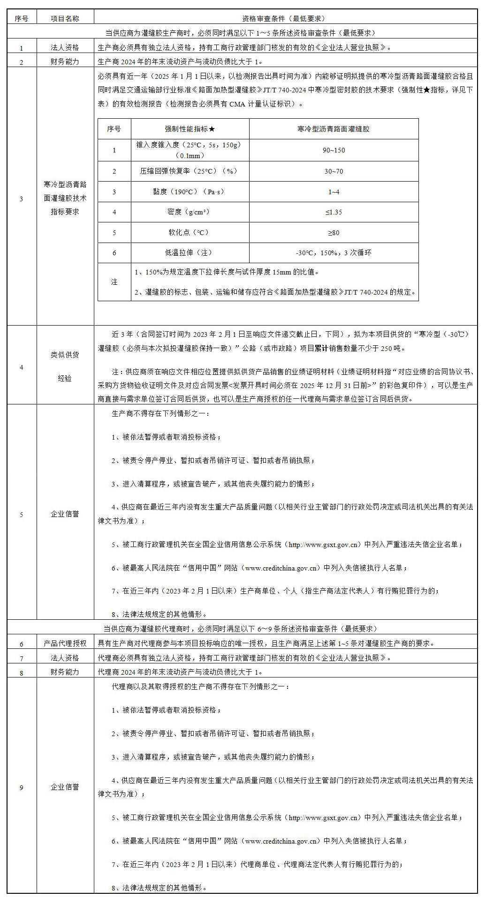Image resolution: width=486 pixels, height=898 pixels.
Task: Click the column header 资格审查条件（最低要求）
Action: pos(283,18)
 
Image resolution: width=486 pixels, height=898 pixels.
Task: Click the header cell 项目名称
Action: pos(65,18)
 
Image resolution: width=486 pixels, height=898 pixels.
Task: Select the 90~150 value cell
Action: pos(334,150)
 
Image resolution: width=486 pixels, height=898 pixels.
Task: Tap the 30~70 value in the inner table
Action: pos(334,171)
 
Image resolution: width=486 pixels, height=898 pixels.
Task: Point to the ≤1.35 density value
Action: pos(334,212)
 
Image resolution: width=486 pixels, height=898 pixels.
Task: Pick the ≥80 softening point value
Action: pos(334,232)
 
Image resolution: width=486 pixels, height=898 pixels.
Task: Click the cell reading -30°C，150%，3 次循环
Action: pos(334,253)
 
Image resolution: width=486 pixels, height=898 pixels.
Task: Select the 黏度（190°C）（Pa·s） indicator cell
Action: pos(190,191)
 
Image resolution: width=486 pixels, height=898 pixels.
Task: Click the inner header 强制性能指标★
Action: pos(190,129)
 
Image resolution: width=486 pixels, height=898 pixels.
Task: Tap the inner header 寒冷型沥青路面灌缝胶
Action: pos(334,129)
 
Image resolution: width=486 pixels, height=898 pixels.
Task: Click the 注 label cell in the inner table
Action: pos(114,282)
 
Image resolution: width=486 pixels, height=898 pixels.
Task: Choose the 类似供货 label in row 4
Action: pos(65,355)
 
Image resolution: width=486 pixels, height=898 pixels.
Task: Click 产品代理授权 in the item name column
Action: pos(65,643)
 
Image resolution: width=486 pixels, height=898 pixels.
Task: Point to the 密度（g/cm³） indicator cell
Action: pos(190,212)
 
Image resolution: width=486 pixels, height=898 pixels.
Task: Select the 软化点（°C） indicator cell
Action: pos(190,232)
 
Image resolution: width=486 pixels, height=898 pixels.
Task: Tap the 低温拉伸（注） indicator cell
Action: pos(190,253)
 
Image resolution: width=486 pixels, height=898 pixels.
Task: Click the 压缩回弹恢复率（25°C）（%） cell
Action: pos(190,171)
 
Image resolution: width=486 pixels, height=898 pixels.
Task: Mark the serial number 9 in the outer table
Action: pos(21,787)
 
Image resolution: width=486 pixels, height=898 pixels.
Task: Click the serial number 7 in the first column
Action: pos(21,658)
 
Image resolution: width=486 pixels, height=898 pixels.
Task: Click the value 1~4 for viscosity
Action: pos(334,191)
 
